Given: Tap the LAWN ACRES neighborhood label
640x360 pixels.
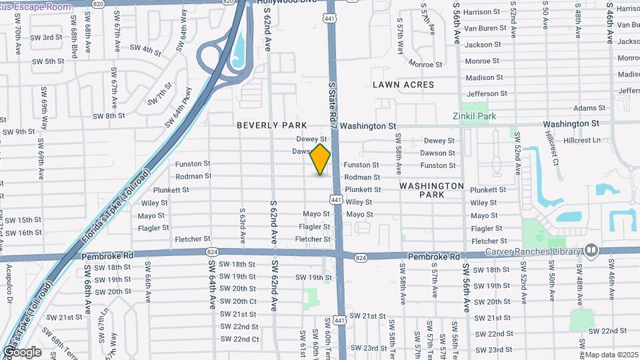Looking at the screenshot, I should tap(403, 85).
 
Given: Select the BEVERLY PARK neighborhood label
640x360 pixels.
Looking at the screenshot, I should tap(272, 125).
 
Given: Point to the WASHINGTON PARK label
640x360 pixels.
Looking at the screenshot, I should tap(432, 190).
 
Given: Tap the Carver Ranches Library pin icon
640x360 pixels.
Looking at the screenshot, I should tap(591, 250).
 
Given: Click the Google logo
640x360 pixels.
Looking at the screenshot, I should tap(22, 352).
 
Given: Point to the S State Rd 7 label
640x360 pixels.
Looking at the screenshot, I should tap(332, 97).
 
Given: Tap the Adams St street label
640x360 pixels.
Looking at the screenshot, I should tap(589, 108).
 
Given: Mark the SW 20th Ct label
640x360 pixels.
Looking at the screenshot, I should tap(239, 301).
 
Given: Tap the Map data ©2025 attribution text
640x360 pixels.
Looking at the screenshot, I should tap(612, 355).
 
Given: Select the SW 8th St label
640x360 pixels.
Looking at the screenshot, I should tap(109, 115).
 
